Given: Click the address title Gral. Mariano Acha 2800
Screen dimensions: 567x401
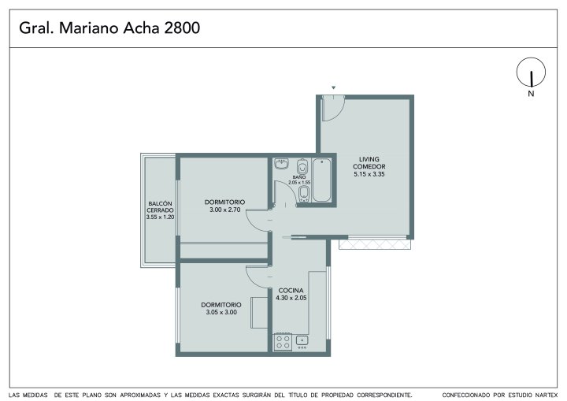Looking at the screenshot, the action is click(x=109, y=28).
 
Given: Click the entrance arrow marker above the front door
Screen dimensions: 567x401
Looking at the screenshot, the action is click(x=334, y=87).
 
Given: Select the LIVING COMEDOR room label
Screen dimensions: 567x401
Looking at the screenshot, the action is click(x=369, y=163).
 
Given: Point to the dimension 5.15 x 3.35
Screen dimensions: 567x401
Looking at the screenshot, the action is click(x=369, y=174).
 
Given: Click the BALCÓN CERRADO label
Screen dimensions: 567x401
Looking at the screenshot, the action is click(x=160, y=207).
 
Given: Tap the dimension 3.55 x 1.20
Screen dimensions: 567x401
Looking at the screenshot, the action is click(x=160, y=217).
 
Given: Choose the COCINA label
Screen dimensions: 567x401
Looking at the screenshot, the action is click(x=291, y=291).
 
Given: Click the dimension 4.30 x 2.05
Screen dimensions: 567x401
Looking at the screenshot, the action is click(x=291, y=299).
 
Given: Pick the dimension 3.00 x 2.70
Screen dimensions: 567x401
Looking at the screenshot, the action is click(x=225, y=210).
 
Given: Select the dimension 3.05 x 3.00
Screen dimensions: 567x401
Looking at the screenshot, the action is click(x=221, y=312).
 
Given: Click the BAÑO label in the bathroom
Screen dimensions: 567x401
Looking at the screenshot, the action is click(x=299, y=177).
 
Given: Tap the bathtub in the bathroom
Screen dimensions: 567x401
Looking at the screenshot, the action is click(x=321, y=180).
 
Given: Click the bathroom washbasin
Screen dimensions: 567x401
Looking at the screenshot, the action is click(x=281, y=164).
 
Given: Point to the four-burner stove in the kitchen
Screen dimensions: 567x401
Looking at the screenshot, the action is click(x=283, y=343).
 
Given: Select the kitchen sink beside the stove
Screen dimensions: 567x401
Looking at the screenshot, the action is click(x=302, y=340).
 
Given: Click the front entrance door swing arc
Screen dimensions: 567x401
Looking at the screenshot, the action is click(x=338, y=113).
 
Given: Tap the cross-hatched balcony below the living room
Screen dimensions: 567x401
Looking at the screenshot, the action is click(x=375, y=245).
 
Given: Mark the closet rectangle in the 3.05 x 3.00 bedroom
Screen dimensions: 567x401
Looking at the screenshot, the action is click(x=260, y=312).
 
